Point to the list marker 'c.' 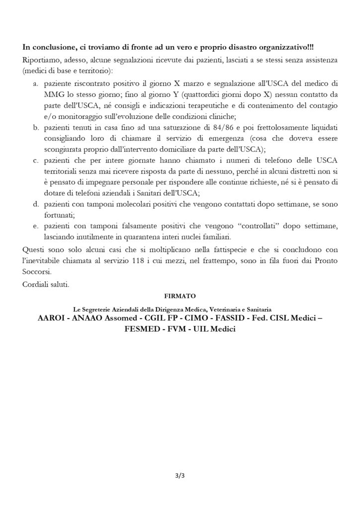click(x=36, y=160)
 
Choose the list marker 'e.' click(x=36, y=227)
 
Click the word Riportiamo click(x=40, y=60)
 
